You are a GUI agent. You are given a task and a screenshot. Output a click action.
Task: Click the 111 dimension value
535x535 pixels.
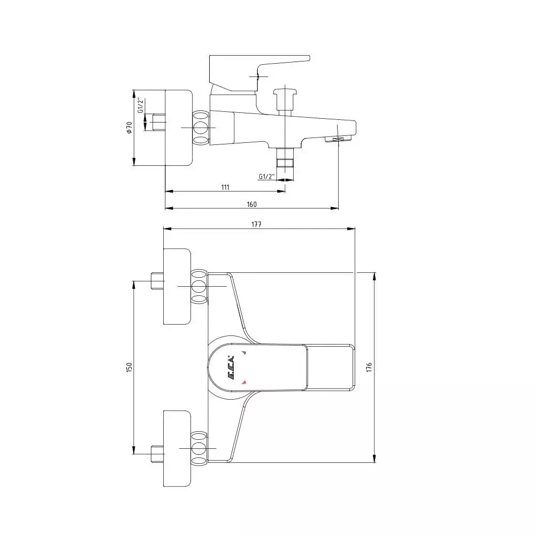[225, 187]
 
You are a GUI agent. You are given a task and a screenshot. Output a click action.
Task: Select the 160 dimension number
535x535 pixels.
[251, 204]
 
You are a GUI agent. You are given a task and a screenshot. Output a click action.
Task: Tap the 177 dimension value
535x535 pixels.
[256, 224]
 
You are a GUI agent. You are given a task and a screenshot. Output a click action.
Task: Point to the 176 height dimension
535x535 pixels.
[369, 367]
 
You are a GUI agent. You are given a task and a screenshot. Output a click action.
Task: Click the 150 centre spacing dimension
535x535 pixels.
[129, 367]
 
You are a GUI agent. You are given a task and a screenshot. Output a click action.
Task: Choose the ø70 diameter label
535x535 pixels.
[129, 128]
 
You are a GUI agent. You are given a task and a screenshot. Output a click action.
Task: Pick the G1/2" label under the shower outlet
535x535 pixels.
[266, 177]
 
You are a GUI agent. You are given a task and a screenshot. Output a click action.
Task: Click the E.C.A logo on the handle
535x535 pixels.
[231, 369]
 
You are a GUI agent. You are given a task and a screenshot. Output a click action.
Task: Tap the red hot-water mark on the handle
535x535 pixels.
[244, 382]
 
